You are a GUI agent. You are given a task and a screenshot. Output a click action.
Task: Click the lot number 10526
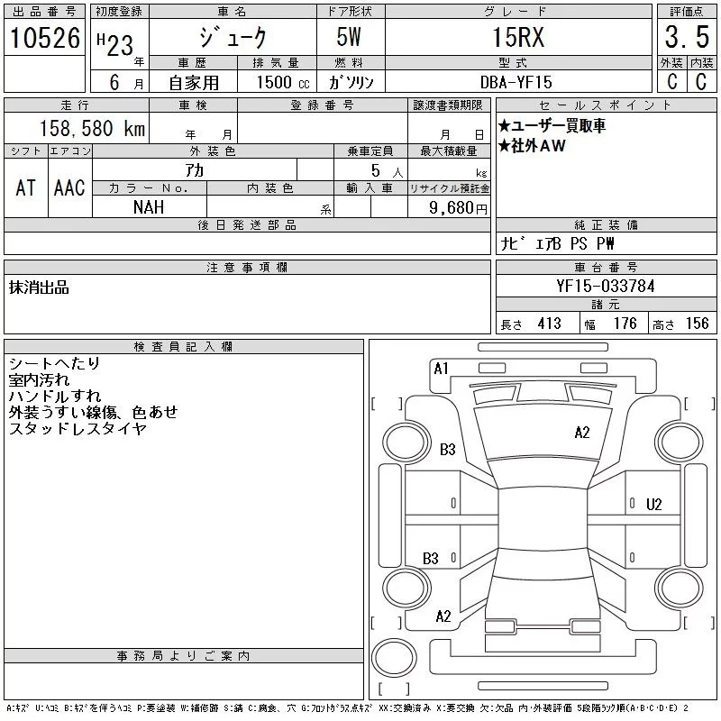tap(45, 38)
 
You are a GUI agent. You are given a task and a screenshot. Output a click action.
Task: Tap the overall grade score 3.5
tap(687, 37)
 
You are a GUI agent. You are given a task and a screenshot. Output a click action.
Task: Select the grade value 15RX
tap(518, 37)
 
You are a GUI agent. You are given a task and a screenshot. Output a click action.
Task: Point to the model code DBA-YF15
tap(516, 82)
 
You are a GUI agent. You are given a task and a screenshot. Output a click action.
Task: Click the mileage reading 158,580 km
tap(92, 128)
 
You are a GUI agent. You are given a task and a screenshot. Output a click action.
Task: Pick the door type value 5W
tap(349, 37)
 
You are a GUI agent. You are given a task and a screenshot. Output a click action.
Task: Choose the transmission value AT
tap(26, 187)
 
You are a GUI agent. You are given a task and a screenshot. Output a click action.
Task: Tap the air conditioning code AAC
tap(69, 187)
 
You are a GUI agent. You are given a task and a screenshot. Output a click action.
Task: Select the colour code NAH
tap(149, 207)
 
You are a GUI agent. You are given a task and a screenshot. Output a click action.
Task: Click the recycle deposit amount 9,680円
tap(458, 208)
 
